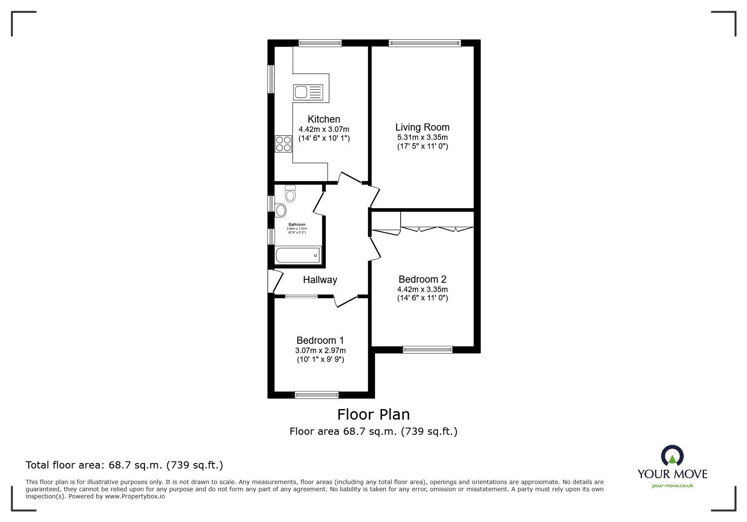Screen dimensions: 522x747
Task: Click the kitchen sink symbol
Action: (308, 92)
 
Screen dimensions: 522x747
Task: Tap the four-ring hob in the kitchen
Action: (283, 144)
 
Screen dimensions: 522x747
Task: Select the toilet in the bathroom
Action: (290, 194)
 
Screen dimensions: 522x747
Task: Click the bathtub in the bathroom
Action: (298, 255)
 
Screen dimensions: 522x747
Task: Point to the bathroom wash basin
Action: (280, 210)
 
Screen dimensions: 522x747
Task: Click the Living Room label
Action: (422, 127)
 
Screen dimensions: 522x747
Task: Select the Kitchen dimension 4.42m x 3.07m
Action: (324, 129)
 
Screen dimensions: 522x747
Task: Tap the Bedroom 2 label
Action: (422, 279)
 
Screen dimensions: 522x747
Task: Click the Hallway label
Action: (320, 280)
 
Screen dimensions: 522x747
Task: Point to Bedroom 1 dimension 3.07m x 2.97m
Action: (321, 351)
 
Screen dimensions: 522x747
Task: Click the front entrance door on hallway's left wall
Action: (275, 281)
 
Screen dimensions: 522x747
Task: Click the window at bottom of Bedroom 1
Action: (316, 395)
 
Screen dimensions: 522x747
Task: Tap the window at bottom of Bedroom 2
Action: (427, 349)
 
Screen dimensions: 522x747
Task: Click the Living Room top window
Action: (424, 43)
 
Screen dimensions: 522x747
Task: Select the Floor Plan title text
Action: (373, 415)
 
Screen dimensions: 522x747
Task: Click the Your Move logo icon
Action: (672, 456)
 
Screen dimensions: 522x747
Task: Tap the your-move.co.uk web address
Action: (672, 486)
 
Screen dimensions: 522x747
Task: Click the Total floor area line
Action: (124, 465)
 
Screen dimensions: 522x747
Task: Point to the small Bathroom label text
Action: (297, 225)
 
